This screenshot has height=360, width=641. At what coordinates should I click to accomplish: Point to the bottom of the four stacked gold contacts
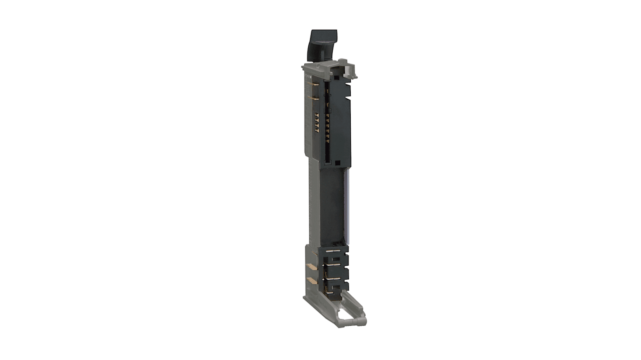[x=316, y=130]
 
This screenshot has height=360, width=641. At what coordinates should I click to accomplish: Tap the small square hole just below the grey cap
[x=336, y=78]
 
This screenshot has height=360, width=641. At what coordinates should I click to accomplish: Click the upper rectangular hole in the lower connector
[x=337, y=260]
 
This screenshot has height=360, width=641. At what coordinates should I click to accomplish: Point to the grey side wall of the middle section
[x=314, y=203]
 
